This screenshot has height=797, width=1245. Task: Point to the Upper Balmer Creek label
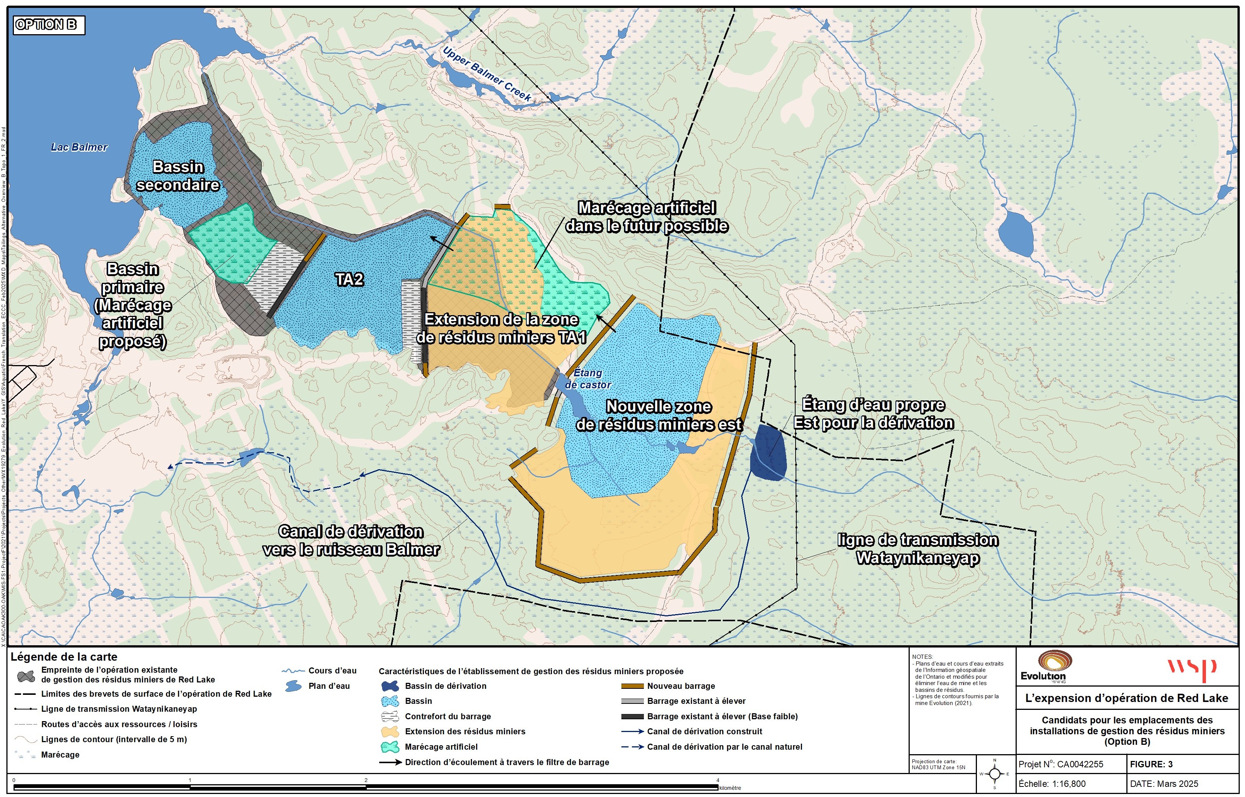(487, 74)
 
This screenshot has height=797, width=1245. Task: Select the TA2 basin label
(349, 279)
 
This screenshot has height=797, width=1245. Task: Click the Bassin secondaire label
(178, 176)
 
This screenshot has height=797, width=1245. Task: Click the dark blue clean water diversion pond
(769, 453)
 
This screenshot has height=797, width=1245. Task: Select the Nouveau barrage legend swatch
(632, 686)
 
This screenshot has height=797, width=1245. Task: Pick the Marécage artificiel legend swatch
(390, 747)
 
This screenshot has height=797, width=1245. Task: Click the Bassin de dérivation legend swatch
(390, 686)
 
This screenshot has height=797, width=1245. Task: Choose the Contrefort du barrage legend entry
(448, 716)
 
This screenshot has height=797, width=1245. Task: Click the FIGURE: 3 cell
(1151, 764)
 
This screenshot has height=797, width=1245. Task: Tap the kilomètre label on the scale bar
(730, 788)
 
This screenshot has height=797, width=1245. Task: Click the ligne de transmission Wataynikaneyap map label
(918, 549)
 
